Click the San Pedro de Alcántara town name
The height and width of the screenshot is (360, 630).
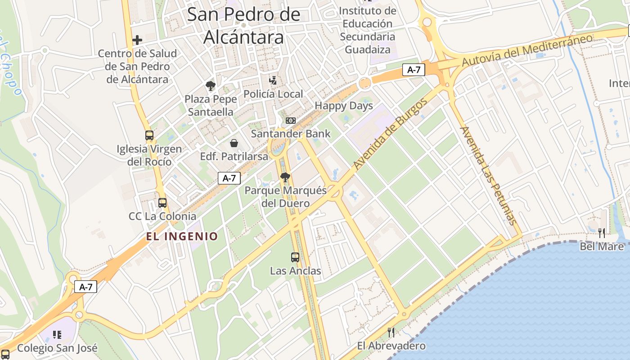coord(243,26)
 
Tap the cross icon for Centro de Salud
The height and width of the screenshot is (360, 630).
coord(137,40)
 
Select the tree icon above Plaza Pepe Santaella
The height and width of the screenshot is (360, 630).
coord(210,85)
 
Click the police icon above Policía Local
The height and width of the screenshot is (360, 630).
coord(272,81)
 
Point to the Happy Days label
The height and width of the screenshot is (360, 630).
coord(344,106)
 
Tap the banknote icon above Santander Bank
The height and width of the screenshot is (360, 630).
coord(291,121)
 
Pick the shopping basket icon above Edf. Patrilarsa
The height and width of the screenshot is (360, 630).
coord(234,143)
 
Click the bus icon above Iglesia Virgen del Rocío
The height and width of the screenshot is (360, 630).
coord(149,135)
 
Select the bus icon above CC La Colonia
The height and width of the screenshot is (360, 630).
coord(162,202)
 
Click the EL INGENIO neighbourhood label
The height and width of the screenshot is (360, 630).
coord(182,236)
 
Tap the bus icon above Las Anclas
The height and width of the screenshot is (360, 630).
coord(295,257)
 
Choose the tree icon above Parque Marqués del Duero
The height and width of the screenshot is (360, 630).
coord(285,177)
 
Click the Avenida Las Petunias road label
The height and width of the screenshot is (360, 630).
coord(487,175)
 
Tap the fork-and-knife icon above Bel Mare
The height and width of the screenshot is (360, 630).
coord(602,233)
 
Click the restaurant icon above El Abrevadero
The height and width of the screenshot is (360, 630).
coord(391,333)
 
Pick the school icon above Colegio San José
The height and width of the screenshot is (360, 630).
coord(57,334)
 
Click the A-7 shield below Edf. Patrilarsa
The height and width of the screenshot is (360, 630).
coord(229,178)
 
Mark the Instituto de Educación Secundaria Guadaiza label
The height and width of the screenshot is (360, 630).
coord(368,30)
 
